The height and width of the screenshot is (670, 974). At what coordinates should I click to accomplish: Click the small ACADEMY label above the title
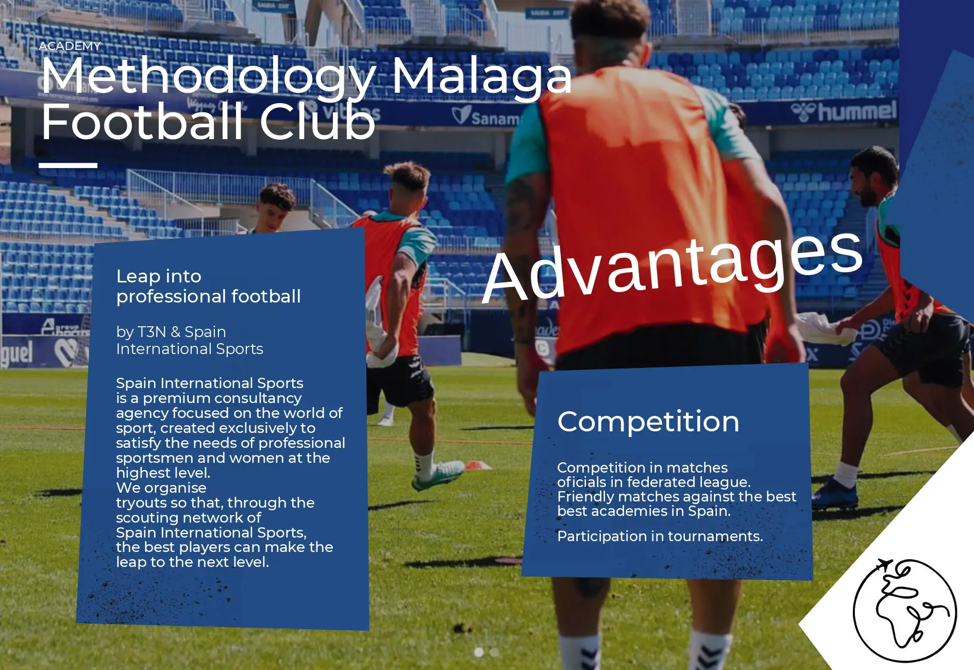[70, 46]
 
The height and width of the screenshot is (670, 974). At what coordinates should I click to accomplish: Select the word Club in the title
[317, 122]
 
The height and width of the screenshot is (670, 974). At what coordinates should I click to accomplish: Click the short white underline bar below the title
[68, 165]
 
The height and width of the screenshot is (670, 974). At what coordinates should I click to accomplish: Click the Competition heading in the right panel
[648, 421]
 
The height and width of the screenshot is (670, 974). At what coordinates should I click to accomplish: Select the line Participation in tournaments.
[660, 536]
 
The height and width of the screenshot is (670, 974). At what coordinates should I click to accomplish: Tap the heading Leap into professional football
[209, 286]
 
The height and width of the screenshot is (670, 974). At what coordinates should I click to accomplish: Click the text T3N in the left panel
[152, 331]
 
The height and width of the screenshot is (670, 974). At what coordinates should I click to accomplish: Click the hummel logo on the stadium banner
[844, 111]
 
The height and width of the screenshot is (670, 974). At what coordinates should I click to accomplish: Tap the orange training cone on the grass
[477, 465]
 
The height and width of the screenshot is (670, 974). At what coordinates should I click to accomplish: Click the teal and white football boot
[438, 475]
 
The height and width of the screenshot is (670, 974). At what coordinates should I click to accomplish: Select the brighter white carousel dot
[479, 652]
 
